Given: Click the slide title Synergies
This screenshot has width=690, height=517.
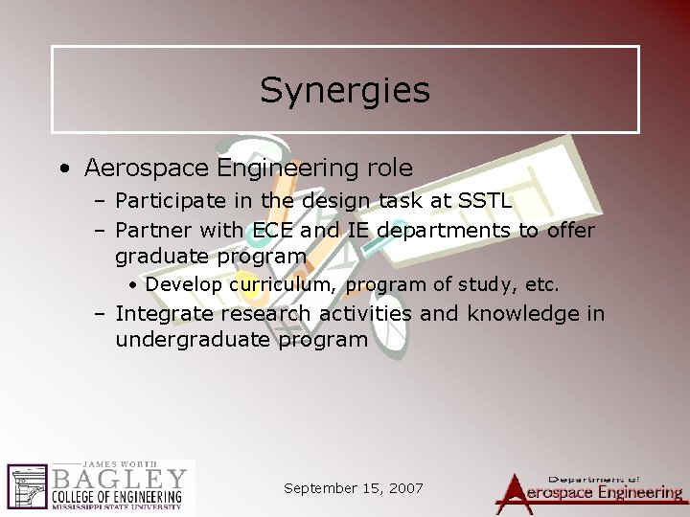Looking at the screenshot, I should pyautogui.click(x=344, y=91).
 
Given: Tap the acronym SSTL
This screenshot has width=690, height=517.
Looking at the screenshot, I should pyautogui.click(x=484, y=202).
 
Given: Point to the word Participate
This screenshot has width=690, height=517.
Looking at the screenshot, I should pyautogui.click(x=168, y=202).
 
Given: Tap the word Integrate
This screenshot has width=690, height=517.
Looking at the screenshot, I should pyautogui.click(x=165, y=314).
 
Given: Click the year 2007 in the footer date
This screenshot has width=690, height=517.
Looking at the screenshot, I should pyautogui.click(x=403, y=487).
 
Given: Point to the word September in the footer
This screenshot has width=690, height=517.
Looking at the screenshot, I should pyautogui.click(x=322, y=487).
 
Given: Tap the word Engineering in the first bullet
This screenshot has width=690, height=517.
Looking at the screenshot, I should pyautogui.click(x=288, y=169).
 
